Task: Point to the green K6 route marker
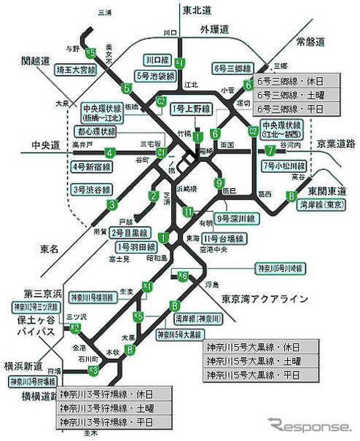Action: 181,276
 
